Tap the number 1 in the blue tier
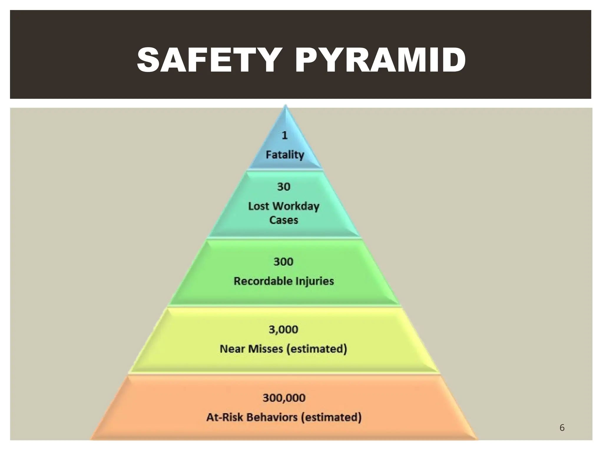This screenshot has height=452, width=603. (x=284, y=135)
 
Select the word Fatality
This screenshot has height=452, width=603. (x=285, y=155)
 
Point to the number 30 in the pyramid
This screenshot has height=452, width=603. (x=284, y=187)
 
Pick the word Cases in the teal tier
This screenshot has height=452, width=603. (x=284, y=220)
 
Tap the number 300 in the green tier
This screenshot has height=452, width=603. (x=284, y=262)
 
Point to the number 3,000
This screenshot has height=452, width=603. (x=284, y=329)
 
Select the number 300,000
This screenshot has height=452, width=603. (x=284, y=398)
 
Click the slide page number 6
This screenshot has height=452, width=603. (x=562, y=428)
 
